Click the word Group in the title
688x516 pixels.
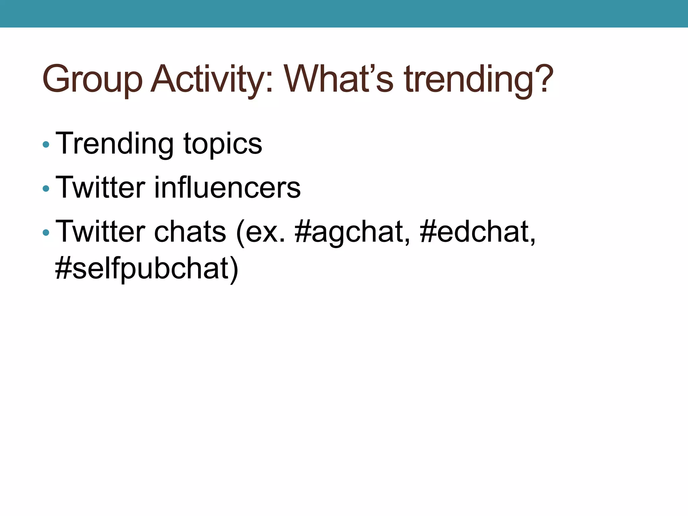point(92,79)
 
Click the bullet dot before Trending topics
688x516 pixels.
point(46,145)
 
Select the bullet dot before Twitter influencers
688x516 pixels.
point(46,189)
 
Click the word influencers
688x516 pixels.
point(227,187)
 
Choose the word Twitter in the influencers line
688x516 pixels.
point(100,187)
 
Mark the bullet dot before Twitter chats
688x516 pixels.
point(46,232)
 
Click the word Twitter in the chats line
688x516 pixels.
point(100,231)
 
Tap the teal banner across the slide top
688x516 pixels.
point(344,13)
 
